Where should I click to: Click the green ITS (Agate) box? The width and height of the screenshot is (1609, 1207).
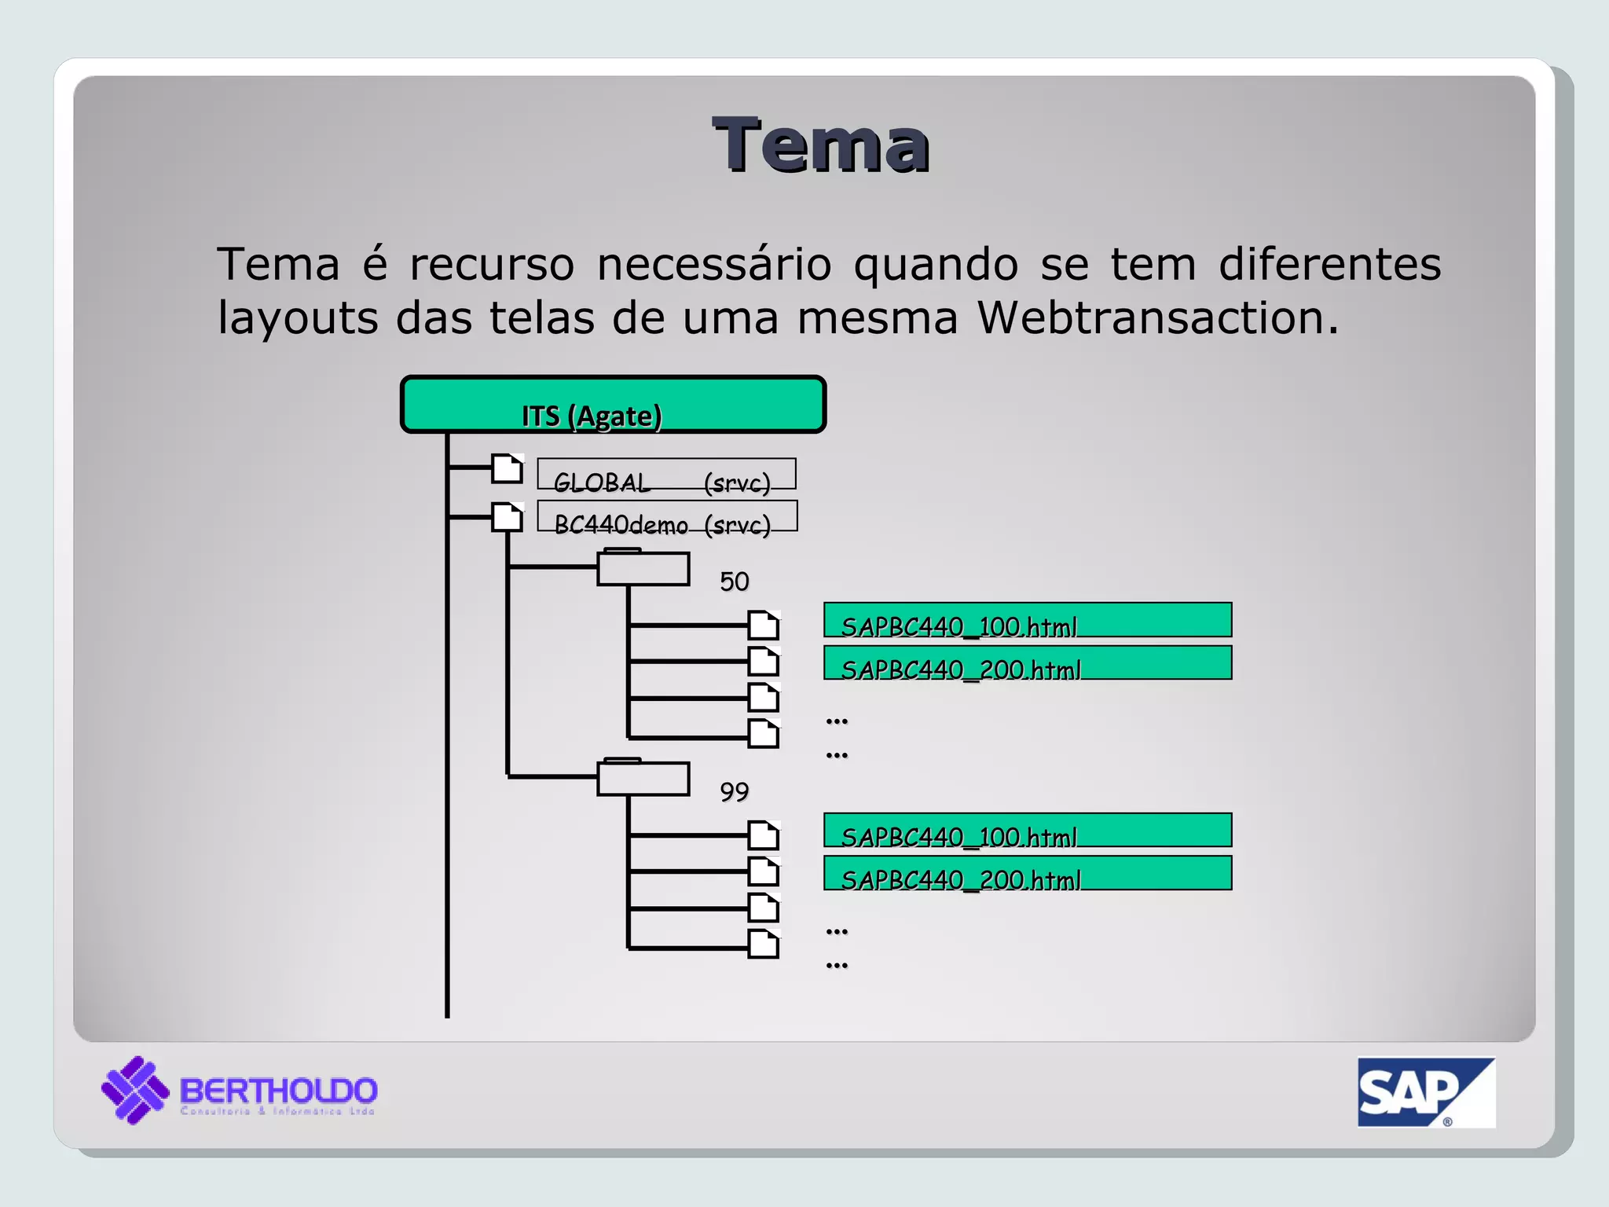click(x=613, y=405)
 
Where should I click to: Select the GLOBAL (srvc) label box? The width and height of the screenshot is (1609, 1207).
click(x=666, y=475)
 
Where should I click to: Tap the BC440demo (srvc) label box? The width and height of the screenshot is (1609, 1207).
click(x=666, y=517)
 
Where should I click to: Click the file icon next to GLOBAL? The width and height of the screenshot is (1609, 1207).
click(x=507, y=468)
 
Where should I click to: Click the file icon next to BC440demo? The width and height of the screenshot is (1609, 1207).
click(x=507, y=517)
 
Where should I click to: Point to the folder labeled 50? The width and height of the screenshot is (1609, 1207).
click(x=643, y=568)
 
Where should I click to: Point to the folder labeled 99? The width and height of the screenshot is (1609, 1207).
click(x=643, y=778)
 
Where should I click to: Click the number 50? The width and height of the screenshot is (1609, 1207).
click(x=734, y=581)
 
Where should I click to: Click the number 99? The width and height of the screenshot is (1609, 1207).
click(x=734, y=791)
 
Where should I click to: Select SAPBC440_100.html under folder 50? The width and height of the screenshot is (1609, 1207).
click(x=1027, y=621)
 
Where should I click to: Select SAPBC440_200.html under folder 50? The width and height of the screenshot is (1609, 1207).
click(x=1027, y=663)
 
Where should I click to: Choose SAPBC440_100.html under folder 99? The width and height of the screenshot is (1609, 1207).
click(x=1027, y=831)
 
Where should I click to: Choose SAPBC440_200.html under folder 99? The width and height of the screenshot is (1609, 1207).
click(x=1027, y=874)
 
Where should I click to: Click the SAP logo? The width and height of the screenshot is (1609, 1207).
click(x=1425, y=1092)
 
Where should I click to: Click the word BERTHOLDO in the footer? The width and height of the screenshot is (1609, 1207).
click(x=278, y=1091)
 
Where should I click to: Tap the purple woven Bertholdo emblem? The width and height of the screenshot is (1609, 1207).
click(x=135, y=1090)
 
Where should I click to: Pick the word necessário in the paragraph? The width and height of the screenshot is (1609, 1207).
click(x=713, y=264)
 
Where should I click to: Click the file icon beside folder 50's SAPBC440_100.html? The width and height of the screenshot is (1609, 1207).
click(x=763, y=626)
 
